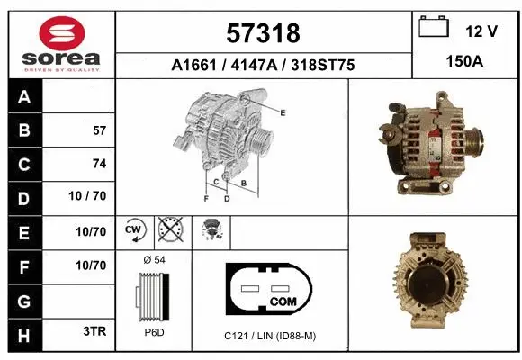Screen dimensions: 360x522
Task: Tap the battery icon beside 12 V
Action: [435, 28]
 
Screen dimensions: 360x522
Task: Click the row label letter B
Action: [23, 130]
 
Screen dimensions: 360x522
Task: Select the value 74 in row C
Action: [99, 164]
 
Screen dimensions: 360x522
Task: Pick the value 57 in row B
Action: [99, 130]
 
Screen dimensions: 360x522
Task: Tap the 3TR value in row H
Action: [94, 331]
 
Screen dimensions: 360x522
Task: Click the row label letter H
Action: [23, 332]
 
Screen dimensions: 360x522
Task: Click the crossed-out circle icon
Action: [171, 230]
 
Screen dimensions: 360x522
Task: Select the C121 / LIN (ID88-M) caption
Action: [270, 335]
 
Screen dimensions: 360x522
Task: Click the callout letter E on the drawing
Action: [283, 112]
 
